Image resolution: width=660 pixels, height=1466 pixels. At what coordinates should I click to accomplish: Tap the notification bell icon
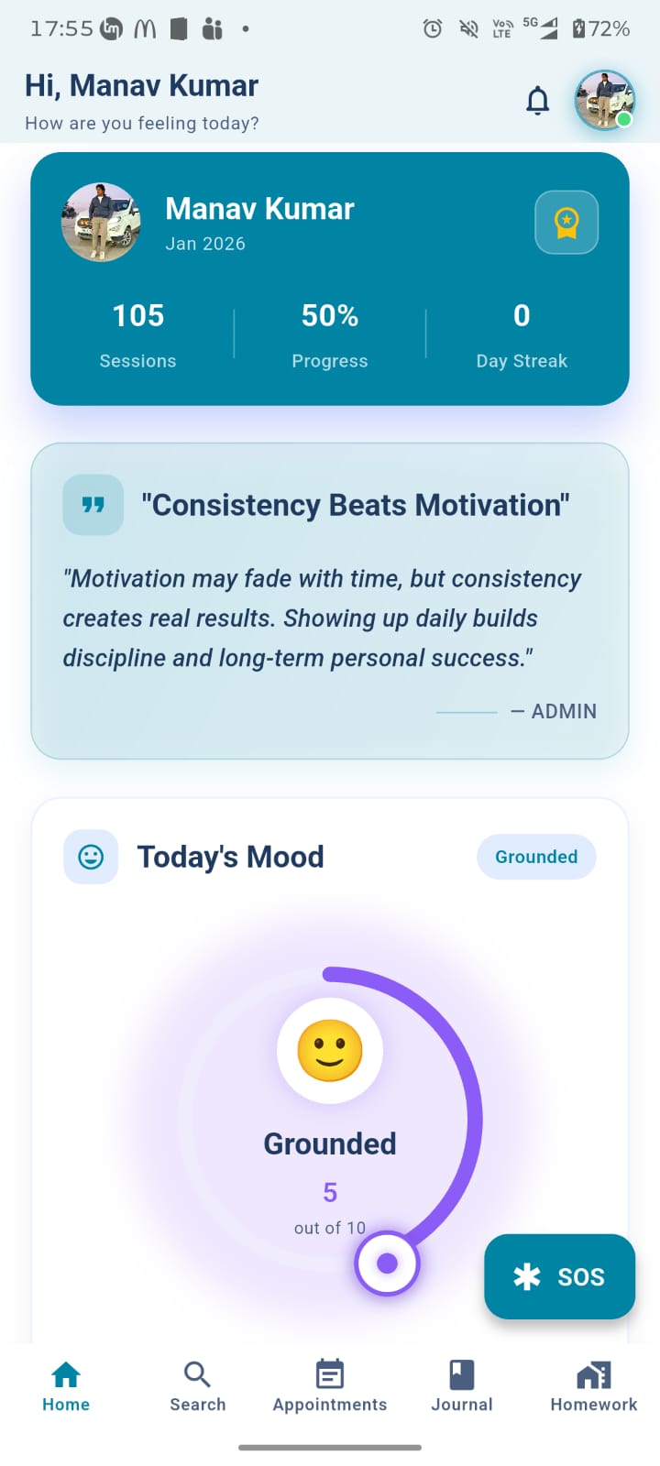coord(537,100)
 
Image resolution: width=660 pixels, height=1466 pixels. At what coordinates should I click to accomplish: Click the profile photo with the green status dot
coord(604,100)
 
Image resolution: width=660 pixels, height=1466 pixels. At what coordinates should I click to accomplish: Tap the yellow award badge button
coord(566,223)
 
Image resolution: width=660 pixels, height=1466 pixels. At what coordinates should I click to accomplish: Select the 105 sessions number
coord(138,315)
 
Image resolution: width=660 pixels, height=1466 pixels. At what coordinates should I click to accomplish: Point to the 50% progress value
coord(330,315)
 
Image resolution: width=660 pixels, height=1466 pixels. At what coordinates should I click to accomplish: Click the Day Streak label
coord(522,361)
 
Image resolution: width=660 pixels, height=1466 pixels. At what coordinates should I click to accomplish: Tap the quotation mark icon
coord(93,505)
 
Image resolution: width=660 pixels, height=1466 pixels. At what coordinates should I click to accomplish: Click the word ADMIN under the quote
coord(564,711)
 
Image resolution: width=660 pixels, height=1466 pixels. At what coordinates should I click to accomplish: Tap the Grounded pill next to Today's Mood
coord(536,857)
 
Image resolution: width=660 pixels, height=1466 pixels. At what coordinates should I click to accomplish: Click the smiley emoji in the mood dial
coord(330,1050)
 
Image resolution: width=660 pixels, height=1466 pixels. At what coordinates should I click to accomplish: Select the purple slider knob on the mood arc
coord(387,1264)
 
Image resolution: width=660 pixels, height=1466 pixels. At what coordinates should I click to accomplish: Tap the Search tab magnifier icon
coord(197,1373)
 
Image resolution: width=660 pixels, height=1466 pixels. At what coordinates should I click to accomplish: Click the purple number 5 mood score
coord(330,1192)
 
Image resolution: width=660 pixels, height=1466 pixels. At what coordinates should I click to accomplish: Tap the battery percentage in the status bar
coord(609,28)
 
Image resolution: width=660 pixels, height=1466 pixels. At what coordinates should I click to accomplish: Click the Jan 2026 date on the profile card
coord(205,244)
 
